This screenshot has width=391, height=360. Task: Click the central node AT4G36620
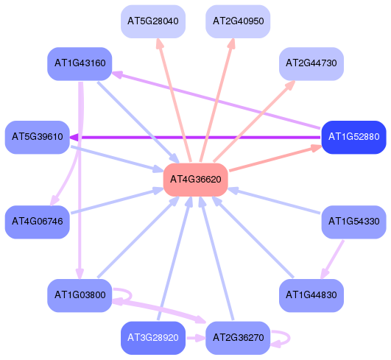point(196,180)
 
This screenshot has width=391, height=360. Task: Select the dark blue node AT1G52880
point(353,137)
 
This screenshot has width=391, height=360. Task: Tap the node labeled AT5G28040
point(153,21)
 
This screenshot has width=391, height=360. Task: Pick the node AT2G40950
point(238,21)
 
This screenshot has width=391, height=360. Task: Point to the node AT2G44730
point(311,63)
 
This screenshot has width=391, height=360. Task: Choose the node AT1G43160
point(80,63)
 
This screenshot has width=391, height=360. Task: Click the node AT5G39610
point(37,137)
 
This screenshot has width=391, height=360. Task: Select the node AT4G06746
point(37,222)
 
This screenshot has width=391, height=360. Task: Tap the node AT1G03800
point(80,295)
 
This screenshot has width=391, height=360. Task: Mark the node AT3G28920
point(153,338)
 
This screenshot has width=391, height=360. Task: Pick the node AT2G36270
point(238,338)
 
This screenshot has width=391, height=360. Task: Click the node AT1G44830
point(311,295)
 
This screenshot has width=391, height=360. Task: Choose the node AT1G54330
point(353,222)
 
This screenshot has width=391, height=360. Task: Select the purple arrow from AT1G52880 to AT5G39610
point(195,137)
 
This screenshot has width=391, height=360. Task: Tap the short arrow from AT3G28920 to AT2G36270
point(196,339)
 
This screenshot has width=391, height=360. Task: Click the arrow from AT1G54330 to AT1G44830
point(332,259)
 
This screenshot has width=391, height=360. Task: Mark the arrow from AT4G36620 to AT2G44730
point(254,121)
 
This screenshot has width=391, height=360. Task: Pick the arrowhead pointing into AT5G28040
point(159,43)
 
